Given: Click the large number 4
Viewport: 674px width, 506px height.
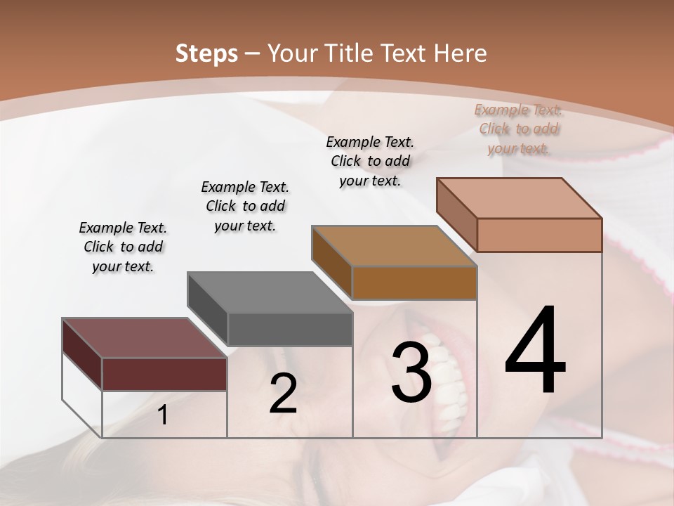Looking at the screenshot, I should click(535, 351).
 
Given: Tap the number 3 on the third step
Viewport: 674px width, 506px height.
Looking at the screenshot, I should click(411, 372).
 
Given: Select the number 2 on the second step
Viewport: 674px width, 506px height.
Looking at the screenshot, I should click(283, 394).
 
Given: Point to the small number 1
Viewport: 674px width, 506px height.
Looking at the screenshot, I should click(162, 415).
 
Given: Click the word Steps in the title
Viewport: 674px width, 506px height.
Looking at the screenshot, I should click(206, 53).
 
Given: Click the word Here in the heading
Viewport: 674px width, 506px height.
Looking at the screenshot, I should click(461, 53).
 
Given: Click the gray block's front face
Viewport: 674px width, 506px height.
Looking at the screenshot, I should click(289, 329).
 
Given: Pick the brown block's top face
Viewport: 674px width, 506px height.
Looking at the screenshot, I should click(393, 246).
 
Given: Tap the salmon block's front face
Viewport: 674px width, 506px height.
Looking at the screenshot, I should click(539, 235).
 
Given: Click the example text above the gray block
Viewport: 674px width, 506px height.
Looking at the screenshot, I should click(245, 206).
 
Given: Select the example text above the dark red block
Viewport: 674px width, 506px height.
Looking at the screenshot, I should click(123, 247).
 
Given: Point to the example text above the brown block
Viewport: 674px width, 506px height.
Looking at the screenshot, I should click(370, 161).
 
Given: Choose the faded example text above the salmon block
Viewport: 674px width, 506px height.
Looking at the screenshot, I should click(518, 129).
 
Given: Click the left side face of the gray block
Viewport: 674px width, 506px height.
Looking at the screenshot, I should click(208, 309).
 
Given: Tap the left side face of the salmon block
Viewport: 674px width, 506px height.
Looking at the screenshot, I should click(457, 214).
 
